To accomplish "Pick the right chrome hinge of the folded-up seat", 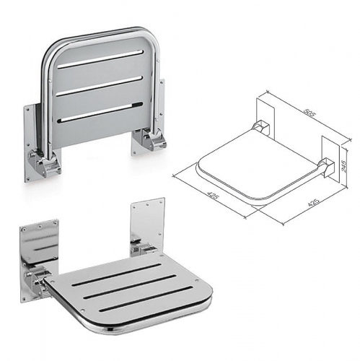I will pos(152,138).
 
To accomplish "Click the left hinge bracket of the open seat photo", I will pos(36,282).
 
